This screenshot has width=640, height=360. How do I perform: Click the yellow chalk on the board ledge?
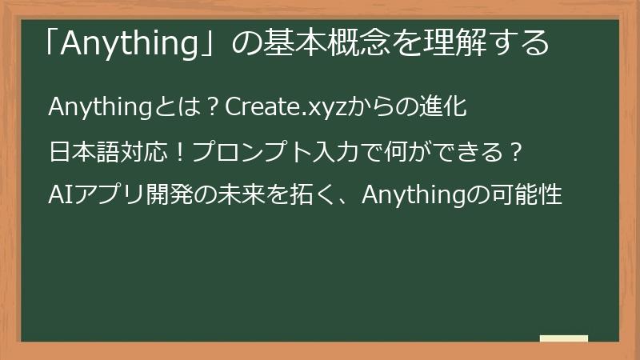(x=564, y=338)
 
